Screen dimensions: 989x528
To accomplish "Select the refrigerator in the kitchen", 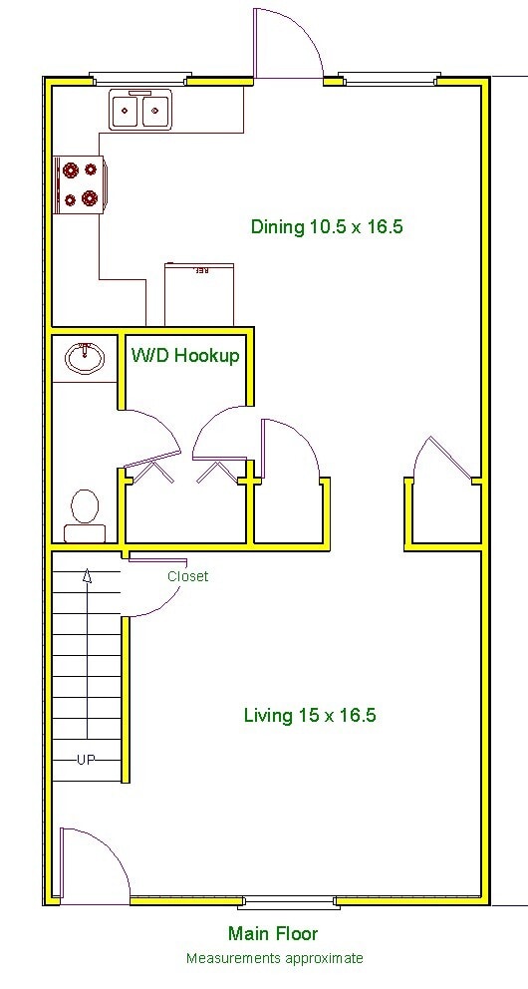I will click(x=199, y=295).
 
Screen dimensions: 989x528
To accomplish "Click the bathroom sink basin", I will click(x=84, y=357).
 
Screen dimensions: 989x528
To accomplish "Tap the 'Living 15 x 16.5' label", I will click(x=310, y=715).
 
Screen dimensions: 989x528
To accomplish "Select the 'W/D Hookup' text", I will click(x=185, y=355).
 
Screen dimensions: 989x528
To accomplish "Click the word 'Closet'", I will click(x=187, y=576).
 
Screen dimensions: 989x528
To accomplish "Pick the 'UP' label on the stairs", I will click(x=88, y=760).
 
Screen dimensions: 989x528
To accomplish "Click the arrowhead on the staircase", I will click(x=88, y=575).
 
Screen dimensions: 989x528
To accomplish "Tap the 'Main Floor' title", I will click(x=273, y=934).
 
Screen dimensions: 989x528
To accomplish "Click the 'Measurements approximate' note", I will click(x=274, y=958).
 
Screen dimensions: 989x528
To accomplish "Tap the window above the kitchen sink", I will click(x=138, y=78).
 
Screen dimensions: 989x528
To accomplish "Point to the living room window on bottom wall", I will click(x=288, y=904).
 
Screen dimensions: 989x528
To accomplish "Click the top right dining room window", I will click(x=390, y=78).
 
